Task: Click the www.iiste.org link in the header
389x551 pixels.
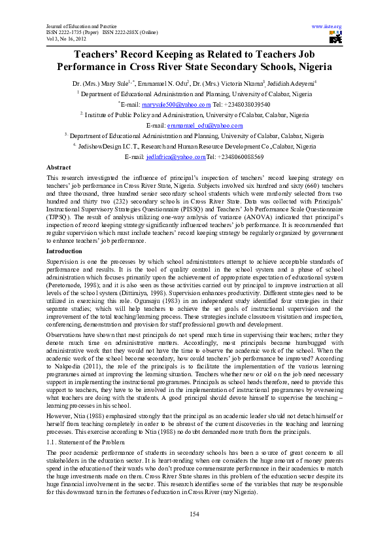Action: point(326,26)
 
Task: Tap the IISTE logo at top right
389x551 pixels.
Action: point(335,38)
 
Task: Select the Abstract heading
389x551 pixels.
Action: point(59,168)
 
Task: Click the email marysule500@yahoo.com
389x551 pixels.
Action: point(179,104)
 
